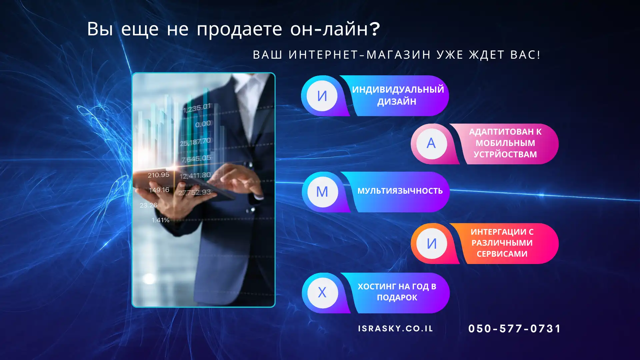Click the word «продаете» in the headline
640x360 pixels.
[x=239, y=29]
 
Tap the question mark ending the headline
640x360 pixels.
[x=375, y=28]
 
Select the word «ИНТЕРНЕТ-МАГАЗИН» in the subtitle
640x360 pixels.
[x=360, y=55]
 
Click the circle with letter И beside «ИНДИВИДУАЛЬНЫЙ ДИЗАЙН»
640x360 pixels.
[x=322, y=96]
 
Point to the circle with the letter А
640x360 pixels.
[x=431, y=144]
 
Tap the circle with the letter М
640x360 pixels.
[x=322, y=192]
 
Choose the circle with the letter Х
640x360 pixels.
[x=322, y=293]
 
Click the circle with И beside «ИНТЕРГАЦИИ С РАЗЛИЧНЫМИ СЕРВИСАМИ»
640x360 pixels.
[x=432, y=244]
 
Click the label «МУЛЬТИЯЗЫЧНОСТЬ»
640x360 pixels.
[x=400, y=191]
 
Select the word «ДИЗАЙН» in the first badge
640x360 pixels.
[x=397, y=102]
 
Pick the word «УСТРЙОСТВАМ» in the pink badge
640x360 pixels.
[x=505, y=154]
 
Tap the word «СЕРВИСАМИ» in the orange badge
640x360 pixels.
[x=502, y=254]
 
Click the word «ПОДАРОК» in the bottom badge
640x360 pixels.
[x=397, y=298]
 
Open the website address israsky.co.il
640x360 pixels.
[x=396, y=329]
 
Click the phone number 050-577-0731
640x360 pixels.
[x=515, y=329]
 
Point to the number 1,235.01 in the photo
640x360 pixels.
[x=197, y=108]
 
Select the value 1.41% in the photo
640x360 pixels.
[x=161, y=220]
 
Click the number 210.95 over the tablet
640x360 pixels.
[x=159, y=175]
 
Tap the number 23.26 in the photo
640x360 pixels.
[x=148, y=205]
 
